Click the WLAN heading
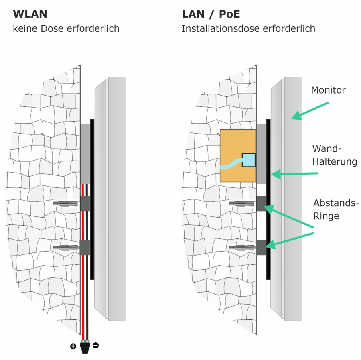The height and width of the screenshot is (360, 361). click(30, 14)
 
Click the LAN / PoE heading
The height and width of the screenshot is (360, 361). click(211, 14)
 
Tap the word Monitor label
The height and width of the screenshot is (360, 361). click(328, 90)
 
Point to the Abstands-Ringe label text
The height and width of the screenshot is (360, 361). click(335, 209)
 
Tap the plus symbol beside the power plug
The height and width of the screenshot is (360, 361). click(73, 346)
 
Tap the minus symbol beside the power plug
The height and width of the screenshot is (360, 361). click(96, 345)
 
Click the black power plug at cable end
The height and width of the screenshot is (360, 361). click(85, 347)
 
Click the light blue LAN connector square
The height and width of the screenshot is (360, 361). click(249, 160)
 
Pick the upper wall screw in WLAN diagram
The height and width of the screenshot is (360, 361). click(66, 204)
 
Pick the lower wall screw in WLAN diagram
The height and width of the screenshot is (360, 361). click(66, 248)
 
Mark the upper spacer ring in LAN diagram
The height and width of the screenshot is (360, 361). click(261, 203)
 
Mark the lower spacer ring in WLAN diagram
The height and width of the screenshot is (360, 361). click(85, 248)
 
